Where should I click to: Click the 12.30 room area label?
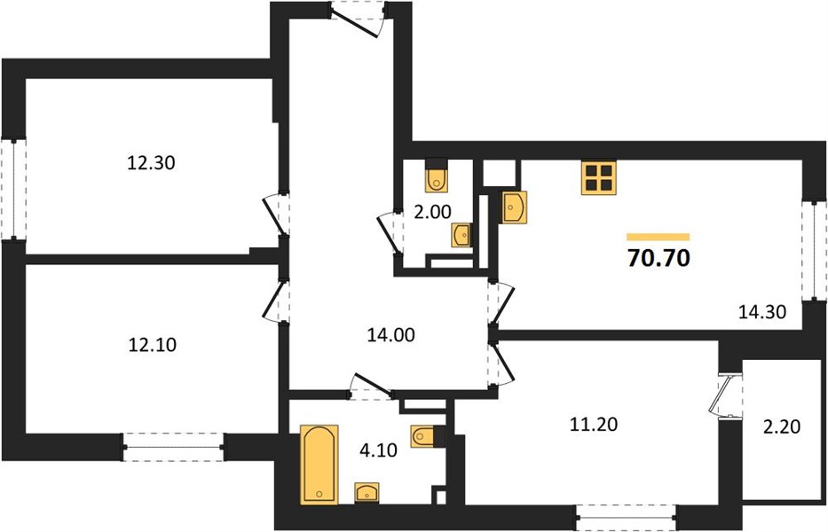(151, 162)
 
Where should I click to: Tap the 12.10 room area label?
(152, 345)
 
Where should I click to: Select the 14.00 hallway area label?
(390, 334)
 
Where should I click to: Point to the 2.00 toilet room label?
(433, 212)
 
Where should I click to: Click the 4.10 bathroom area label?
(378, 450)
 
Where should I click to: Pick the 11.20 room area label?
(594, 424)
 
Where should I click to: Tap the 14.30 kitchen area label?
(762, 312)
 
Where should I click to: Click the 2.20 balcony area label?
(782, 426)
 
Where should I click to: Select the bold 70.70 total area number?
(658, 259)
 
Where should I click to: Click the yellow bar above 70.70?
(658, 237)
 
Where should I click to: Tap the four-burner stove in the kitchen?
(599, 178)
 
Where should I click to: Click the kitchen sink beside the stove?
(514, 207)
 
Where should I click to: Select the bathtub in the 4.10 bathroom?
(319, 464)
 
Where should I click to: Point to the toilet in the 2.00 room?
(437, 176)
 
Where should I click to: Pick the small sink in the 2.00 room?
(462, 235)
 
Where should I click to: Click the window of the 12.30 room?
(12, 189)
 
